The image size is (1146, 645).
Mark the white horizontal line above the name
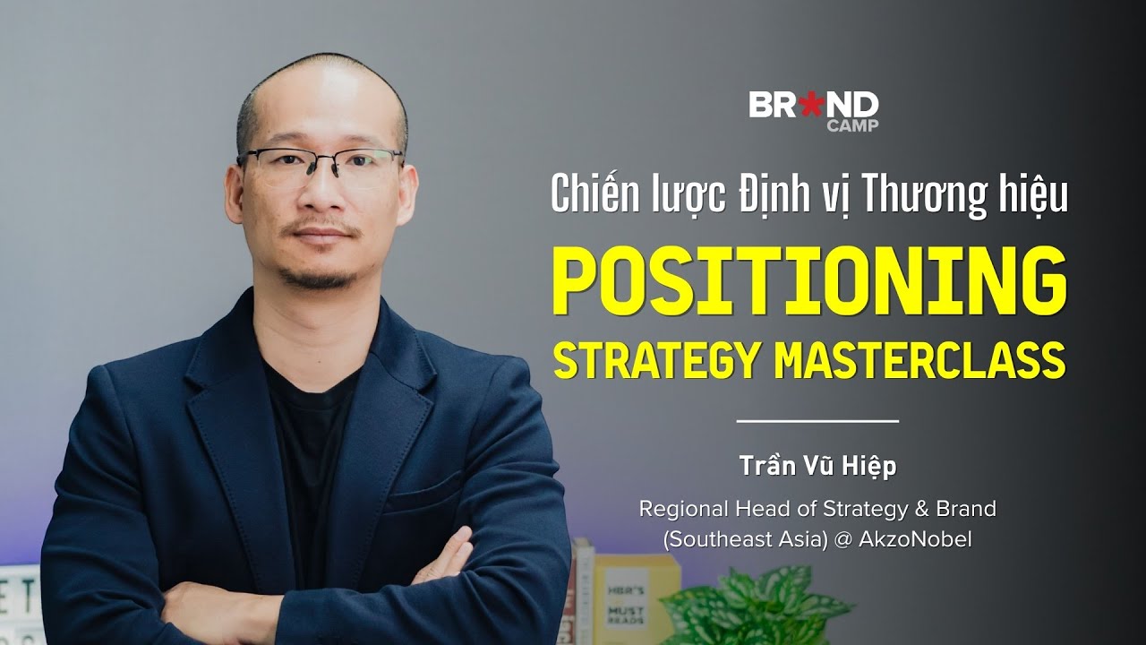[x=817, y=419]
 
